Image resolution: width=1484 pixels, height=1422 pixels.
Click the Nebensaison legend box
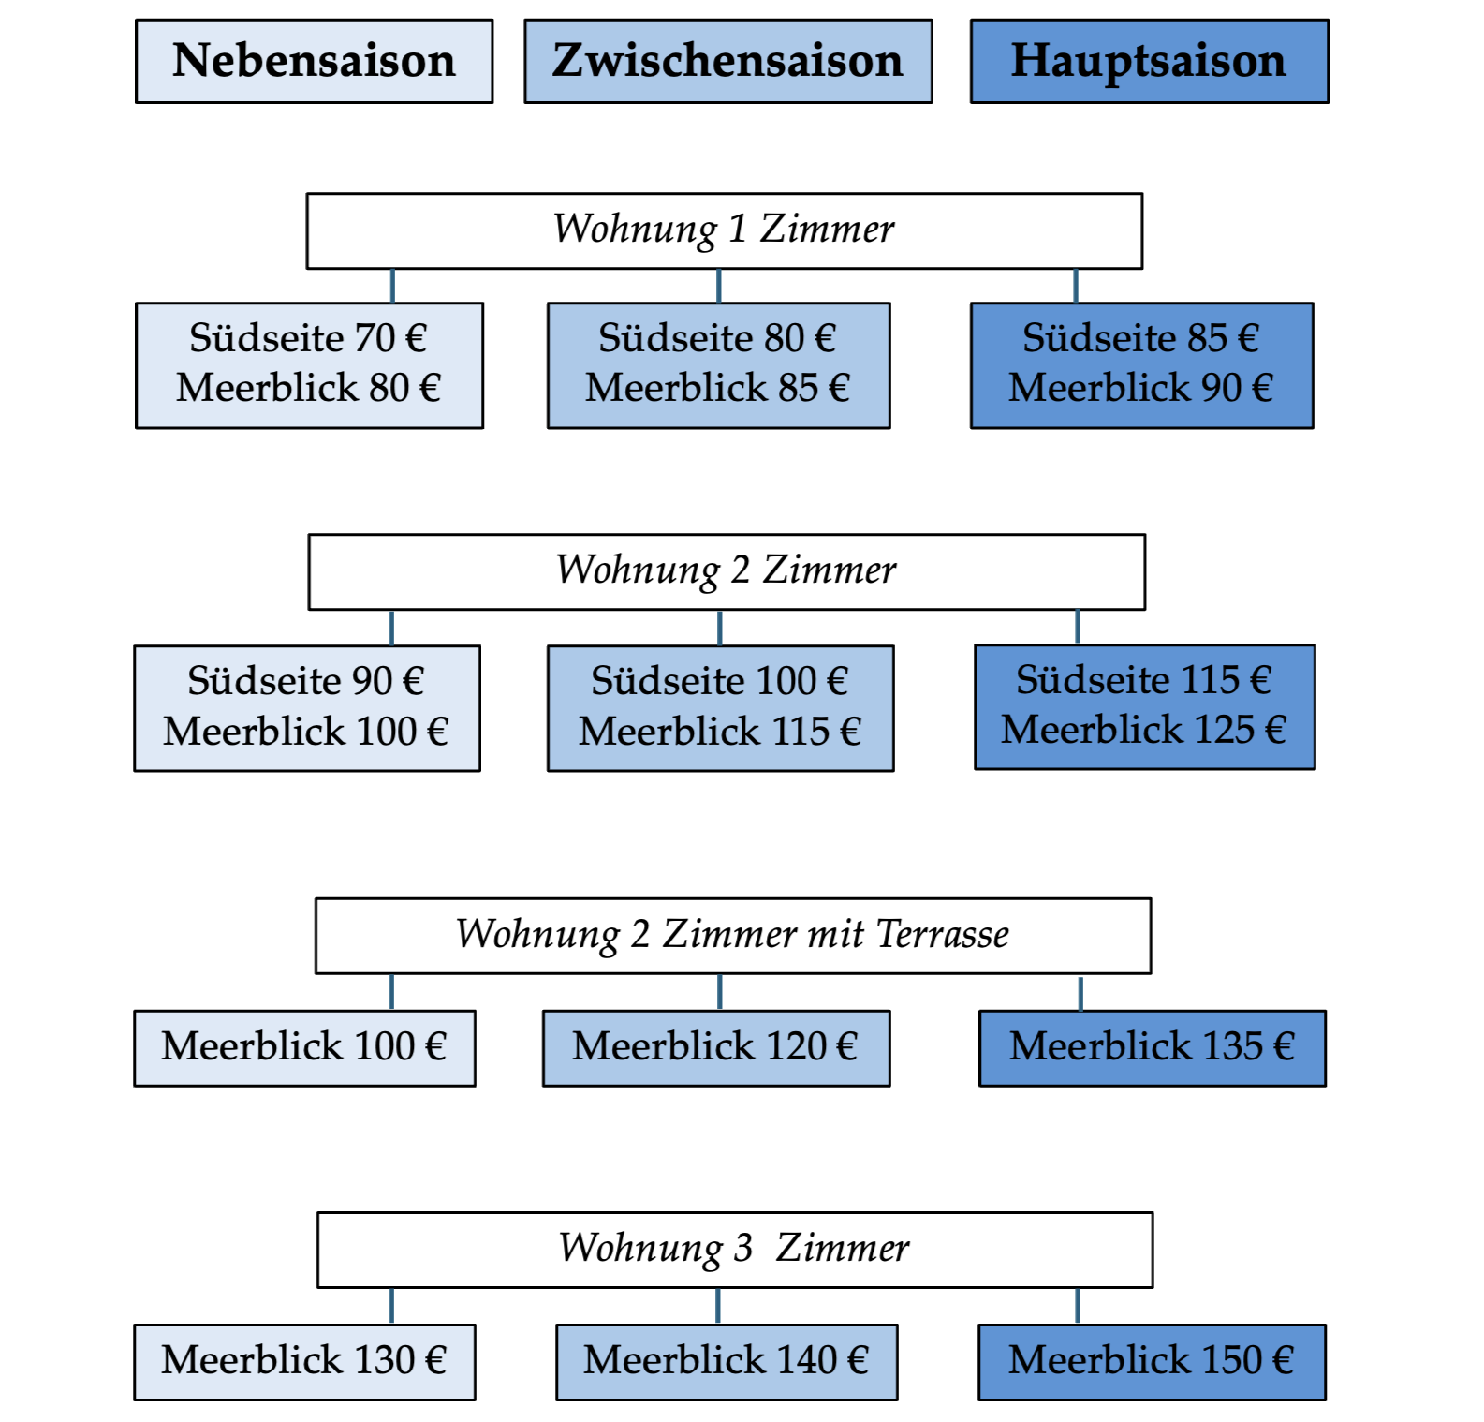point(314,61)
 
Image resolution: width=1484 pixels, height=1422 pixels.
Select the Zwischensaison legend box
point(727,61)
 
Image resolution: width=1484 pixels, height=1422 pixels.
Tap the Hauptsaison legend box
point(1149,61)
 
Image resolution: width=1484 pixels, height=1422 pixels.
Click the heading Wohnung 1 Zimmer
point(724,230)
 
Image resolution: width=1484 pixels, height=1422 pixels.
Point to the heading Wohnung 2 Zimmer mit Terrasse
point(732,935)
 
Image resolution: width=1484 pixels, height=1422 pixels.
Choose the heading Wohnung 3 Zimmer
point(734,1249)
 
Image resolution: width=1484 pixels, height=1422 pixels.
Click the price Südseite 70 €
point(308,338)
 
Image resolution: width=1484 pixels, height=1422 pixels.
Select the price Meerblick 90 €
point(1140,388)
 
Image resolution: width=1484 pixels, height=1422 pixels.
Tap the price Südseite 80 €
point(717,338)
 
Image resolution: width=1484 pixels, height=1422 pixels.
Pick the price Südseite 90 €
point(306,681)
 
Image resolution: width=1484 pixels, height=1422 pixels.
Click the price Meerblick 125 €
point(1143,730)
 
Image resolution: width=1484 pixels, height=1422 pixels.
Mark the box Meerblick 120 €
point(715,1047)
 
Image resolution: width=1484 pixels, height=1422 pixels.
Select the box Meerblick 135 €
point(1152,1047)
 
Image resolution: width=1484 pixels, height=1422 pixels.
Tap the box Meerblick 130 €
point(304,1361)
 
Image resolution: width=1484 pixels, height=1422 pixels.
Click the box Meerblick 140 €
point(726,1361)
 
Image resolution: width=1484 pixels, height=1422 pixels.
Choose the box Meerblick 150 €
point(1152,1361)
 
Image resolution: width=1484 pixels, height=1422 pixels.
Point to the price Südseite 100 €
point(719,681)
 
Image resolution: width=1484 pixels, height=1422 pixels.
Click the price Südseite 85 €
point(1140,338)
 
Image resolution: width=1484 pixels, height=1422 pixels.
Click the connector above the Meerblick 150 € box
point(1078,1305)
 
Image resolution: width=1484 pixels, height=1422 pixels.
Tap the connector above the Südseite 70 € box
point(392,285)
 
